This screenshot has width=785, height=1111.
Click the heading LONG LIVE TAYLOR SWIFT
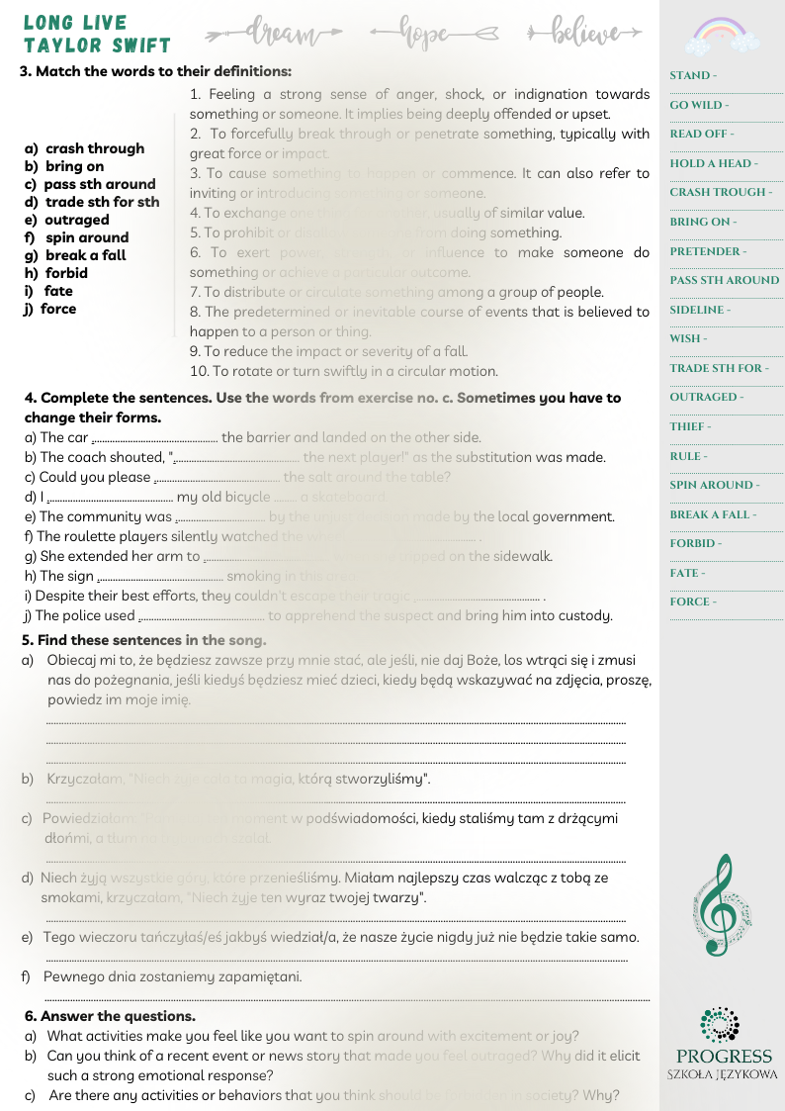pyautogui.click(x=96, y=34)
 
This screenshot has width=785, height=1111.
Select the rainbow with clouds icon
pyautogui.click(x=720, y=36)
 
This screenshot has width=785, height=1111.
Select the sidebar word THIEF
pyautogui.click(x=689, y=426)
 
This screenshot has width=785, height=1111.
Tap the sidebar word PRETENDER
pyautogui.click(x=707, y=251)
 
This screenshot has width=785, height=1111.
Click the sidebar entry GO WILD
pyautogui.click(x=698, y=105)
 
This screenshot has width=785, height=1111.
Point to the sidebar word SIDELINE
pyautogui.click(x=699, y=310)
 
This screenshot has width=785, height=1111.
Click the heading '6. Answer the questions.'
pyautogui.click(x=110, y=1016)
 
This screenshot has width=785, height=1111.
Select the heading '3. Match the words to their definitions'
pyautogui.click(x=155, y=71)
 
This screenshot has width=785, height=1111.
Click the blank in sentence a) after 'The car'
pyautogui.click(x=154, y=438)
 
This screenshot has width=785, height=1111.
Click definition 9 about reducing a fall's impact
pyautogui.click(x=328, y=351)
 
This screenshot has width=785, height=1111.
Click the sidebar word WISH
pyautogui.click(x=687, y=338)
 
